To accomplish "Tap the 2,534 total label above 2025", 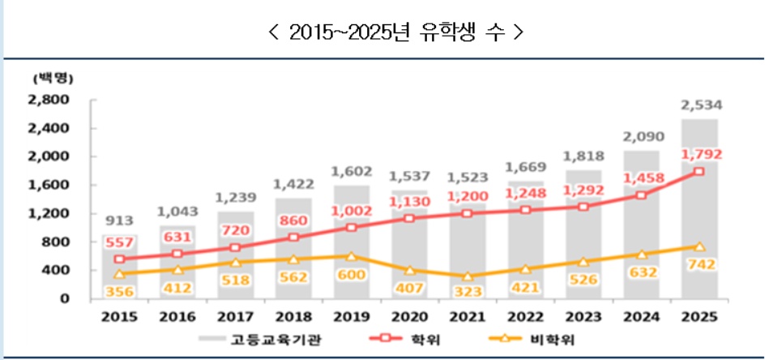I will [x=702, y=105].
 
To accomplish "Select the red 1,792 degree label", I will [x=701, y=154].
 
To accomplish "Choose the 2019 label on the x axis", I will [x=351, y=316].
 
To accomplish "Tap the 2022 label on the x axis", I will [x=525, y=316].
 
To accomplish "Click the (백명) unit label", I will [x=54, y=79].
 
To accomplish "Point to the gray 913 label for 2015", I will [x=120, y=220].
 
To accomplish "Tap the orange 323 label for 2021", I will [x=468, y=288].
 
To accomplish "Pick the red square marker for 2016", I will [x=178, y=254].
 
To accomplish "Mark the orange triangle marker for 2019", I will [x=351, y=256].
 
